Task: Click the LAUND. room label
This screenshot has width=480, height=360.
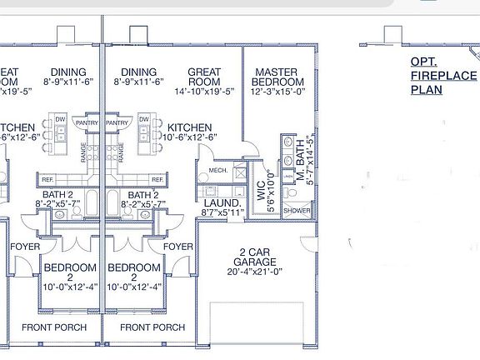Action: point(222,202)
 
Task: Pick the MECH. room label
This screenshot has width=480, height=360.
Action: point(217,171)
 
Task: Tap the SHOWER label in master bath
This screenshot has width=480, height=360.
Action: point(297,212)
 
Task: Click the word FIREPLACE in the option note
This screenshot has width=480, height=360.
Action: point(435,75)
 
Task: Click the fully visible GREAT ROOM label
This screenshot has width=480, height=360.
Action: point(204,77)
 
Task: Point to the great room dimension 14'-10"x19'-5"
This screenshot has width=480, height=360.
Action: point(204,92)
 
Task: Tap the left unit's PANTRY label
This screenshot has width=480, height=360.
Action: point(87,122)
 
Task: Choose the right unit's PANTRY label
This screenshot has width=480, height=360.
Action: point(118,122)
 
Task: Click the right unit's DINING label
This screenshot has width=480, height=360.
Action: point(138,72)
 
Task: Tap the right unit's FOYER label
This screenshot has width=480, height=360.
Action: point(178,247)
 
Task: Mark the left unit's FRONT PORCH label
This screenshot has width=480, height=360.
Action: point(54,327)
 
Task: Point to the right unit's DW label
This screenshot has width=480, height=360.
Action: point(144,120)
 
